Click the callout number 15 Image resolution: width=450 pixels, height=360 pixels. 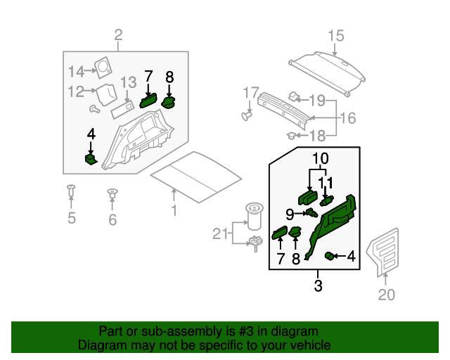335,36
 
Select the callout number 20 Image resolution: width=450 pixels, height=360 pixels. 386,295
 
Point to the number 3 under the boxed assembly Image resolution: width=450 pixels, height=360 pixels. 318,286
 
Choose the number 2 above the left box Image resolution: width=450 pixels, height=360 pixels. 118,35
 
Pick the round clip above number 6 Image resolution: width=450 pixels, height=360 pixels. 112,192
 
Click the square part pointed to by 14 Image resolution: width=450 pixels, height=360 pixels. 105,67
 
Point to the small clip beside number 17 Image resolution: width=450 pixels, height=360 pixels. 247,112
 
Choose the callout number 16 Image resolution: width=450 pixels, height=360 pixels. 349,118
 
